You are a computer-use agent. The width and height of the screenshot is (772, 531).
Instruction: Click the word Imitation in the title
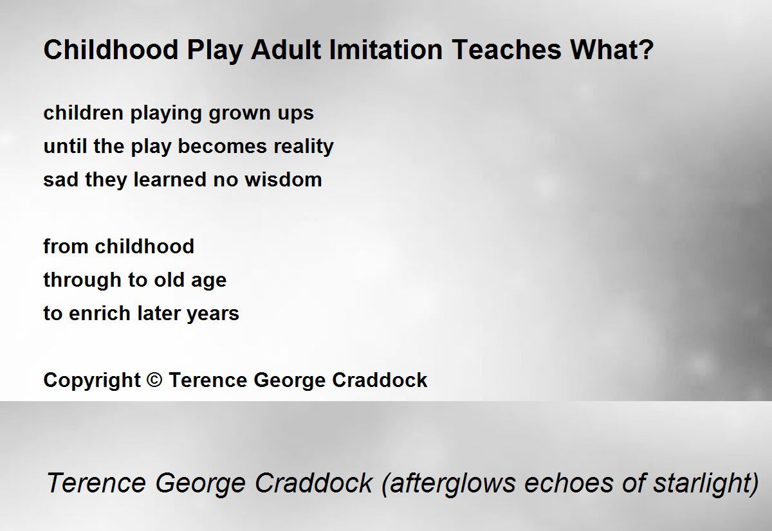pos(385,50)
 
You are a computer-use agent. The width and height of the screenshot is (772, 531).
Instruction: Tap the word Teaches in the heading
pos(507,50)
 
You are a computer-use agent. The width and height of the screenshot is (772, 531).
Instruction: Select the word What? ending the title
pos(612,50)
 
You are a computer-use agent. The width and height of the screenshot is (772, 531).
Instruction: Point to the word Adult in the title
pos(286,50)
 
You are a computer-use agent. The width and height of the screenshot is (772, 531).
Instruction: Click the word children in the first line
pos(84,113)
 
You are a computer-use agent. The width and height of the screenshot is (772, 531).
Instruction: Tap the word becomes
pos(223,146)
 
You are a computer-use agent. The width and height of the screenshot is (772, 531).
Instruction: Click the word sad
pos(61,179)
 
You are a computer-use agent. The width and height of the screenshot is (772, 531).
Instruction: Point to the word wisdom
pos(283,179)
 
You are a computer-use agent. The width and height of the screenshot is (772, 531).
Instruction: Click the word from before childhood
pos(66,246)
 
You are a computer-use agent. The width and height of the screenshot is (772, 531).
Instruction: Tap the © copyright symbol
pos(154,380)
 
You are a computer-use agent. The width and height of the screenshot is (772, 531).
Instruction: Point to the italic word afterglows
pos(449,483)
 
